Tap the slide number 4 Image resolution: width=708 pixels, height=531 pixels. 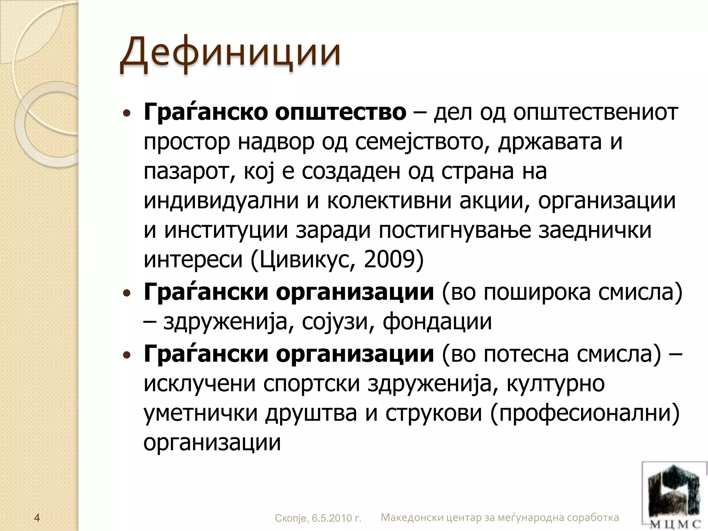pyautogui.click(x=37, y=518)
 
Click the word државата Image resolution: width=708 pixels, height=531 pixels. pyautogui.click(x=550, y=142)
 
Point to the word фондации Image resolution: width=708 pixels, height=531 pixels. pyautogui.click(x=437, y=322)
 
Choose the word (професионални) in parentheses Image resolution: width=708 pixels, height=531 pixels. pyautogui.click(x=585, y=413)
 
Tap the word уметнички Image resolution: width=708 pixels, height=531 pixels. pyautogui.click(x=201, y=413)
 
